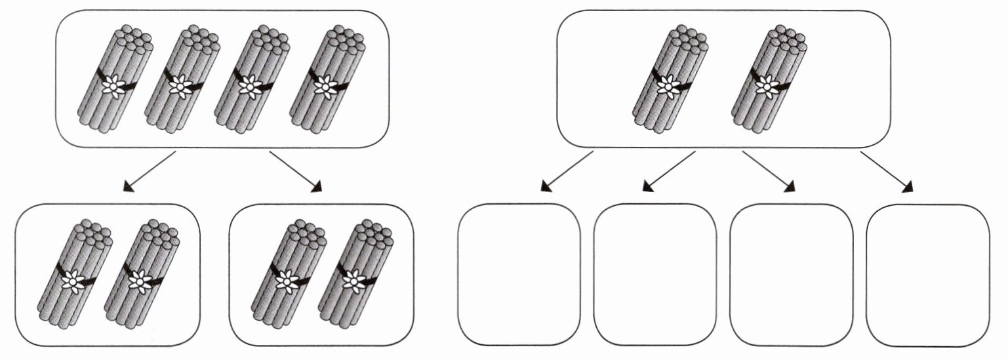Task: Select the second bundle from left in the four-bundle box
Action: (180, 79)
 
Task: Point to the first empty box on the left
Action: (519, 274)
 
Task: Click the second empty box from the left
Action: (655, 274)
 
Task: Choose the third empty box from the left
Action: (791, 274)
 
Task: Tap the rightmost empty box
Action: (927, 274)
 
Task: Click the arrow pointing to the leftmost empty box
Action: (567, 172)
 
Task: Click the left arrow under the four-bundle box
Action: (150, 172)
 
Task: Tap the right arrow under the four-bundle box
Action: (296, 172)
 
